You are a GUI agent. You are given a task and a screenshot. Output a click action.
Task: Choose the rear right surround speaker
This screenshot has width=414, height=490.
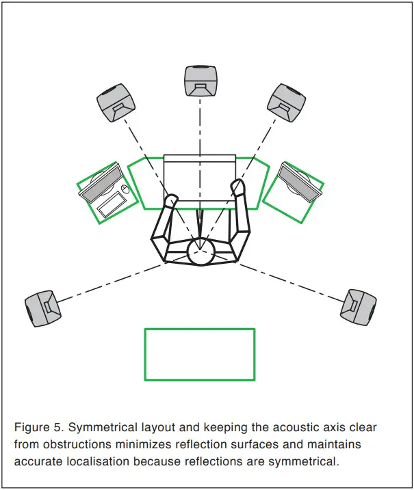(x=359, y=305)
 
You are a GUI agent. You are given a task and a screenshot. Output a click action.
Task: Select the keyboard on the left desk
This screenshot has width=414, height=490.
(x=113, y=204)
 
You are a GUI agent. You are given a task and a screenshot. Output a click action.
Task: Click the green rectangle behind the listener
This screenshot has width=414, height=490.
(x=200, y=355)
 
